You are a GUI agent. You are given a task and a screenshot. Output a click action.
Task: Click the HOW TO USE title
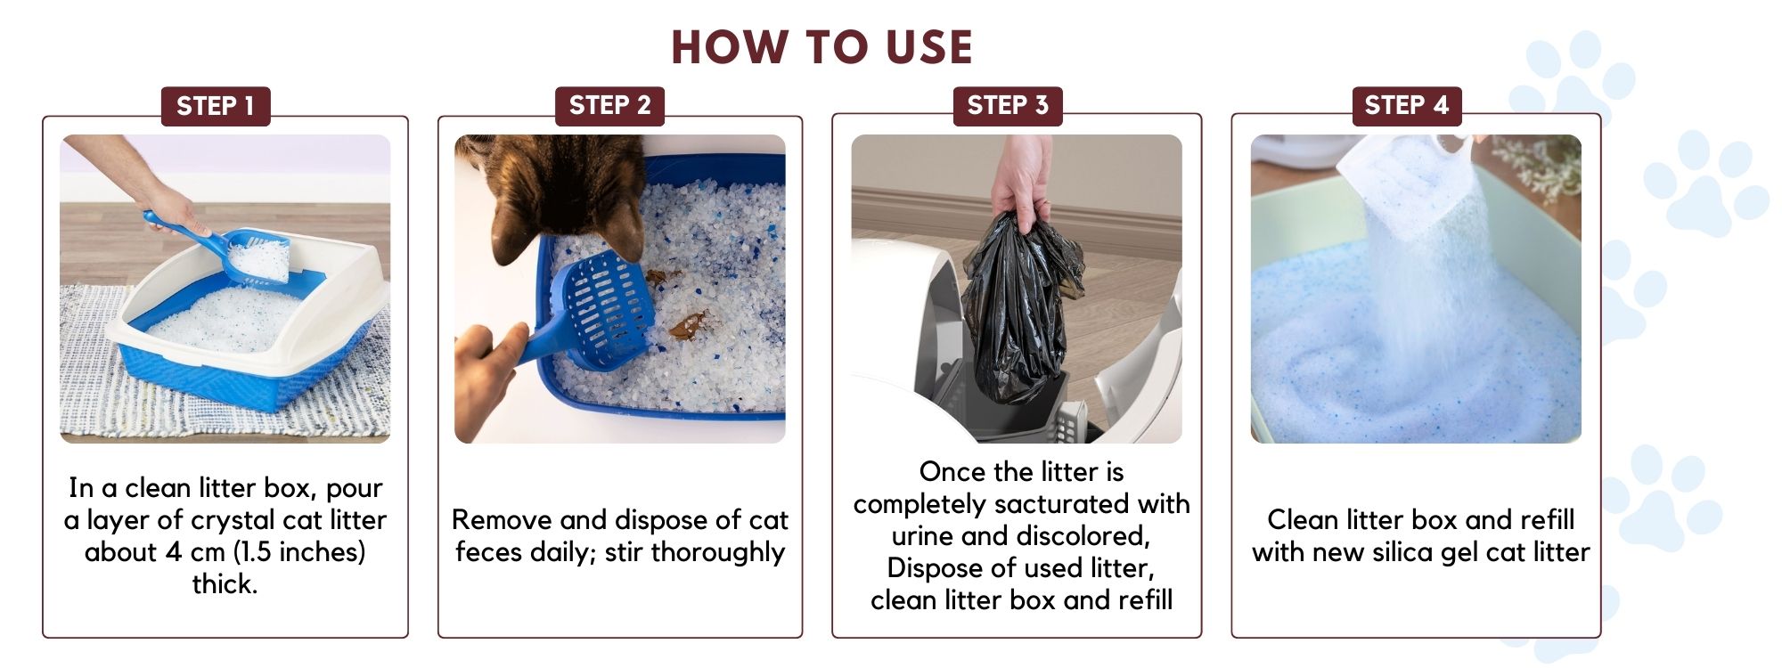822,47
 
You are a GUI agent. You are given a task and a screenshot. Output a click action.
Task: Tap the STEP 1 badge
216,106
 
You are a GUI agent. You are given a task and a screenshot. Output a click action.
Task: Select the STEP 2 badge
610,106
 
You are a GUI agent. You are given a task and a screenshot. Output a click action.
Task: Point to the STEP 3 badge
1008,106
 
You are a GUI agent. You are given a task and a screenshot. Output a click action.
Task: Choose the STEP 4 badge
1407,106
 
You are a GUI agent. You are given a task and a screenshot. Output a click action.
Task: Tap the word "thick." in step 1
225,584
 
